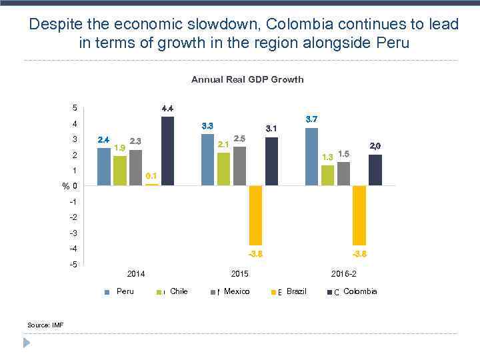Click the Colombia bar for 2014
click(167, 151)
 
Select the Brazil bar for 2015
click(256, 215)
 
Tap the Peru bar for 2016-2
click(311, 157)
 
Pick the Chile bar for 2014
click(120, 171)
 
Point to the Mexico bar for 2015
click(239, 166)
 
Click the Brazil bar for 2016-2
click(360, 215)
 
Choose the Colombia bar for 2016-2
click(375, 170)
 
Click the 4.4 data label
click(168, 109)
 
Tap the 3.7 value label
click(311, 119)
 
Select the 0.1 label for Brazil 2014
click(151, 176)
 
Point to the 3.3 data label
click(207, 126)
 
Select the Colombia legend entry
click(359, 291)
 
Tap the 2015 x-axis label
click(240, 274)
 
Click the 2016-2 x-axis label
click(344, 274)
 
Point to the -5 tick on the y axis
click(74, 265)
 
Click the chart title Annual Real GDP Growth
click(247, 79)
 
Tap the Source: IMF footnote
click(45, 325)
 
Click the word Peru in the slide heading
click(389, 43)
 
